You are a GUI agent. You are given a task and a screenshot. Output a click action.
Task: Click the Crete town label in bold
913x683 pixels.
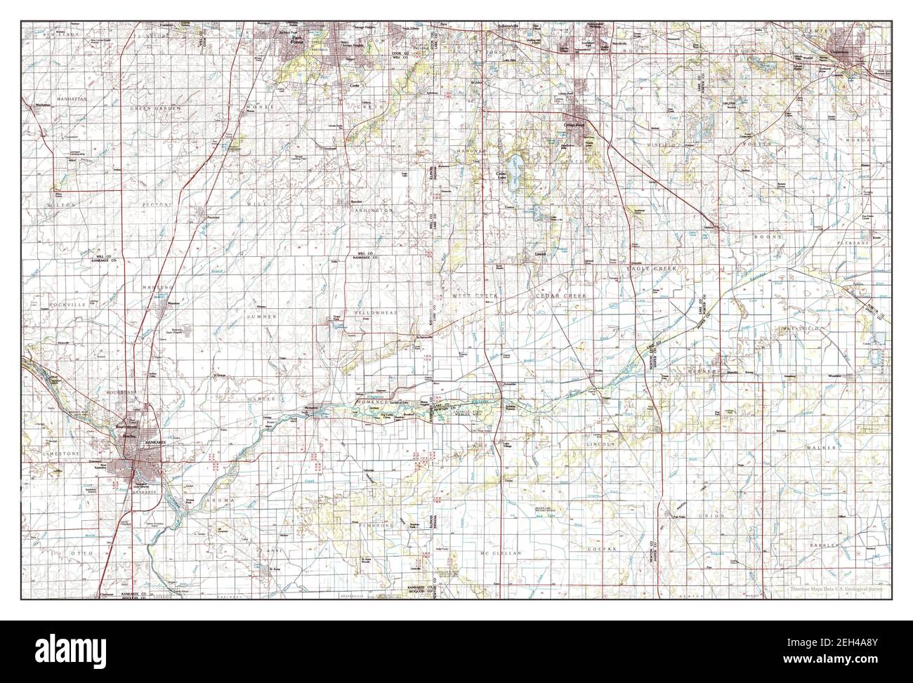click(x=355, y=85)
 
